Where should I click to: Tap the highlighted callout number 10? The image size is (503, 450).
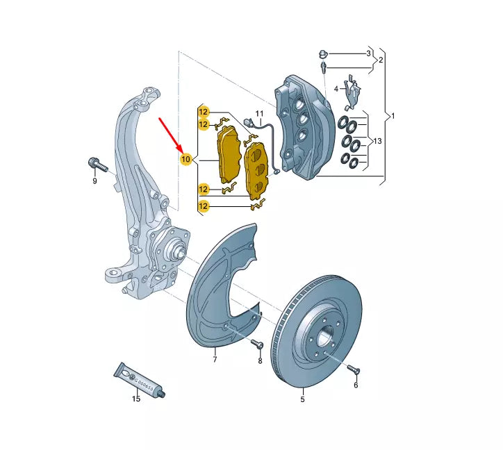pyautogui.click(x=185, y=160)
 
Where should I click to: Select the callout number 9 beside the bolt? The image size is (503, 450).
pyautogui.click(x=95, y=181)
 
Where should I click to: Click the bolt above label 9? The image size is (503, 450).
pyautogui.click(x=95, y=165)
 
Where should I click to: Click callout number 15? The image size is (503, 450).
pyautogui.click(x=136, y=399)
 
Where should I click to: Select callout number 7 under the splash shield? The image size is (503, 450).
pyautogui.click(x=215, y=359)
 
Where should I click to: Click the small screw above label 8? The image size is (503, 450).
pyautogui.click(x=256, y=344)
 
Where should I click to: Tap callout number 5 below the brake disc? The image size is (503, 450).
pyautogui.click(x=302, y=399)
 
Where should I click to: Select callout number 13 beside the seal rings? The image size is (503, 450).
pyautogui.click(x=377, y=142)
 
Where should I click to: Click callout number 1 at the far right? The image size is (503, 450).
pyautogui.click(x=393, y=115)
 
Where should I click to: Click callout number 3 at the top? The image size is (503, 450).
pyautogui.click(x=369, y=53)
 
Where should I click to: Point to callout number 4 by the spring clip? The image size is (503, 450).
pyautogui.click(x=336, y=89)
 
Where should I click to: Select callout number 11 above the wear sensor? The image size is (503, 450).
pyautogui.click(x=259, y=113)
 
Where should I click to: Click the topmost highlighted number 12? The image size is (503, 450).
pyautogui.click(x=203, y=112)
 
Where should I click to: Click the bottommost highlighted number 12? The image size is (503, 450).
pyautogui.click(x=203, y=206)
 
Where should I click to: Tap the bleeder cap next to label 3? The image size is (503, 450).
pyautogui.click(x=324, y=53)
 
